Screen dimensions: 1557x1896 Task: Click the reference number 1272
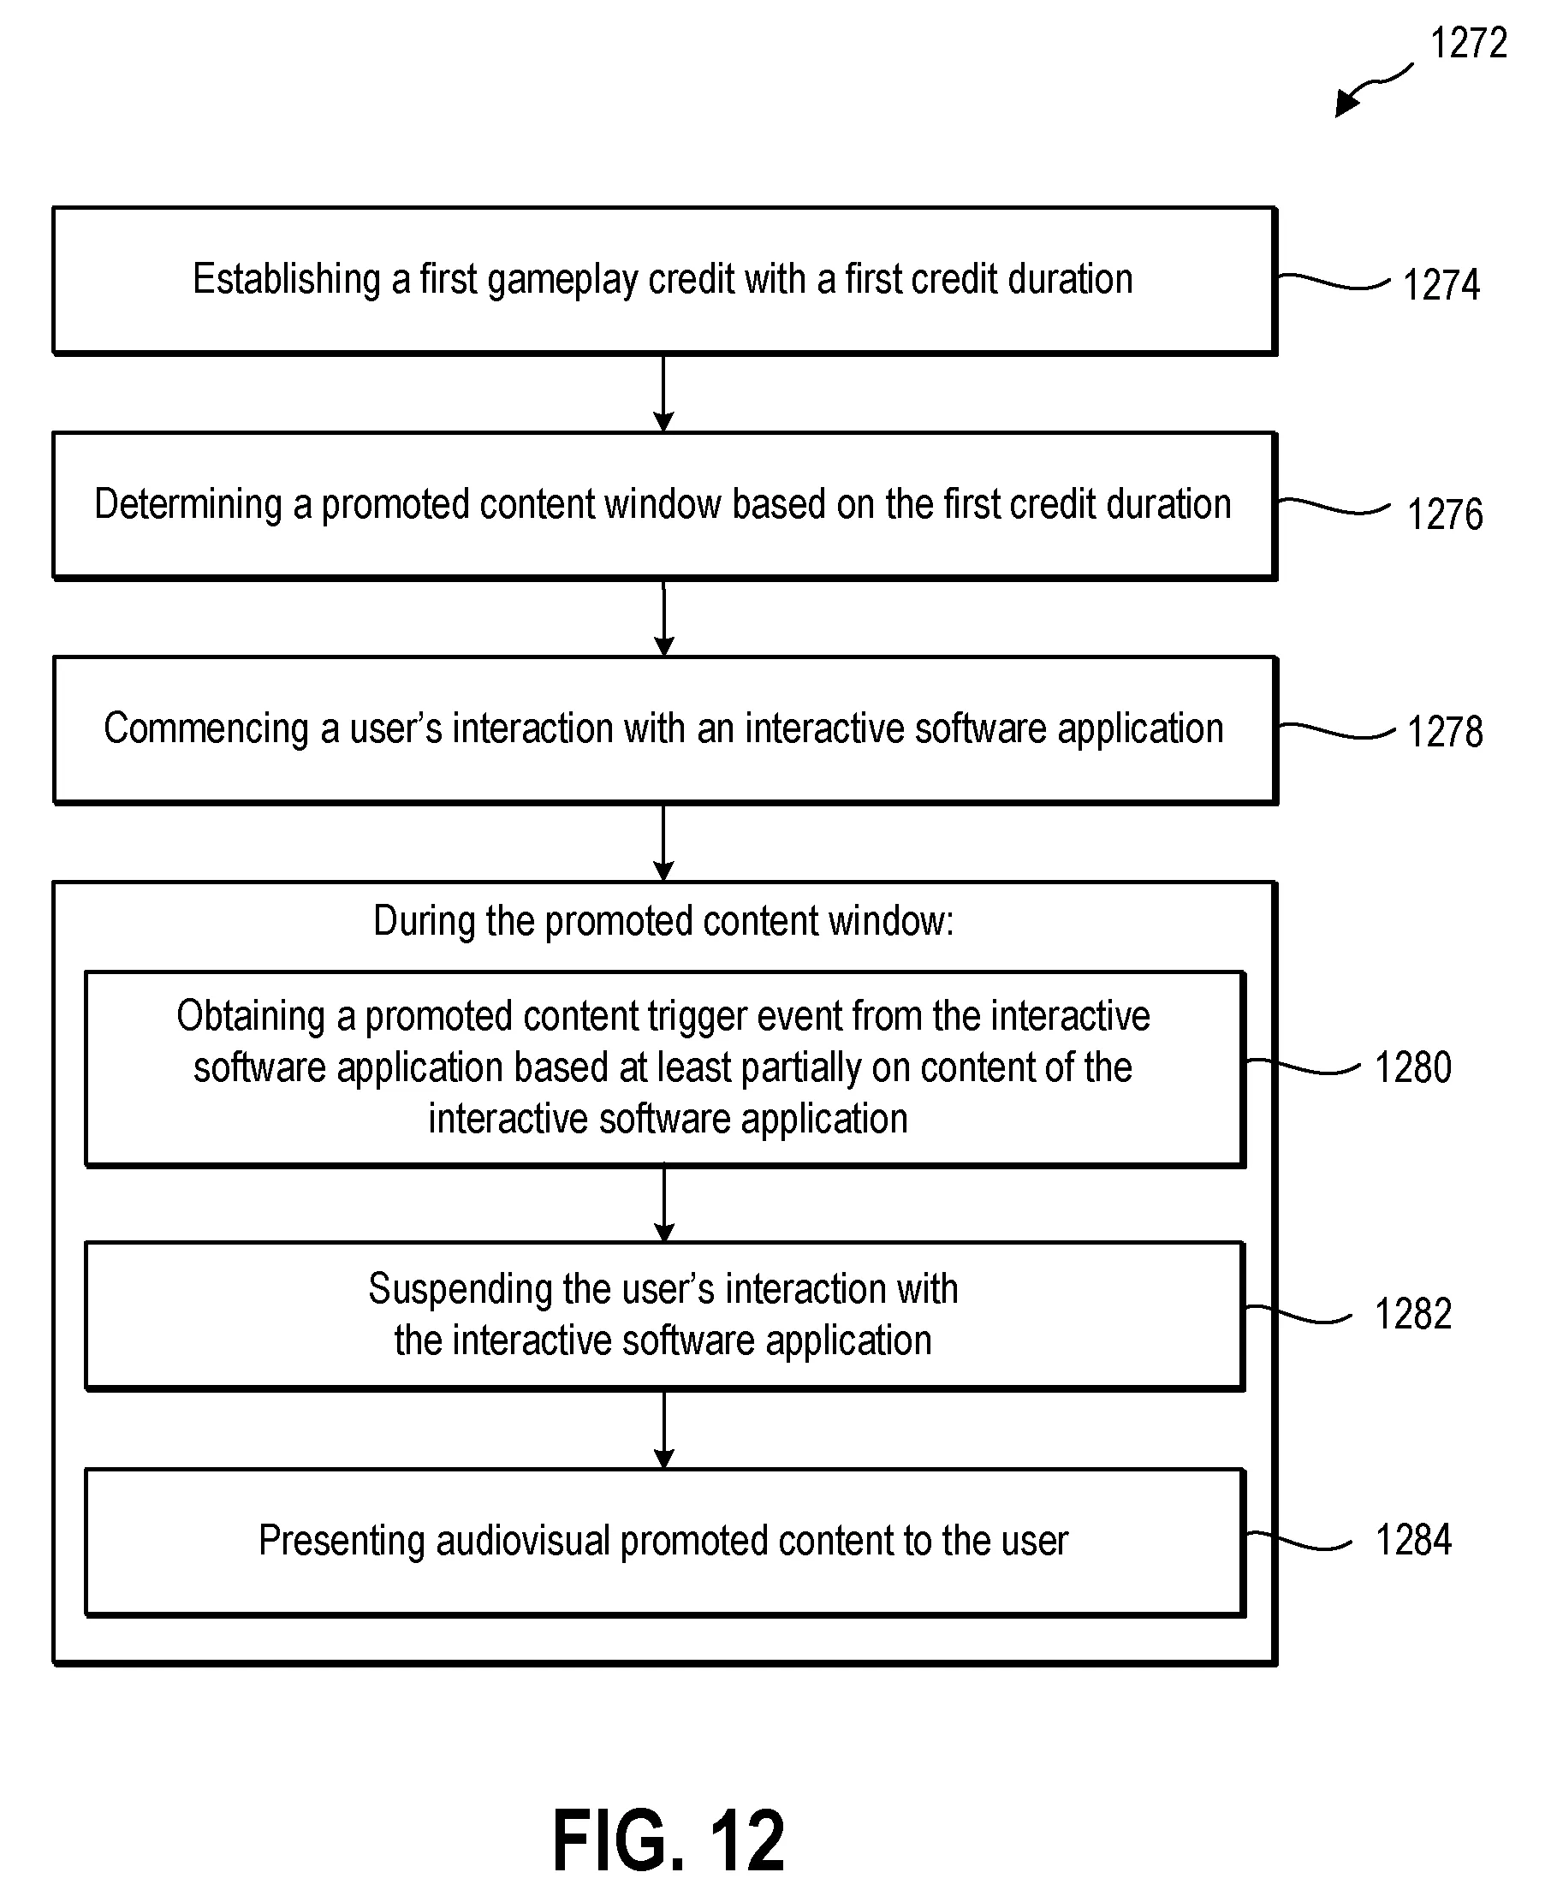pos(1468,43)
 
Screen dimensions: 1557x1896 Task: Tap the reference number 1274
pos(1441,285)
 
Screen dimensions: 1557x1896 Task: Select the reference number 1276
pos(1445,514)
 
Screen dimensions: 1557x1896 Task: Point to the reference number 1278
pos(1445,732)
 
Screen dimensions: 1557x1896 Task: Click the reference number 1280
pos(1413,1067)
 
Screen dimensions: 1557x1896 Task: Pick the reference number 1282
pos(1413,1314)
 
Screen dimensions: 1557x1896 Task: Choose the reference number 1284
pos(1413,1540)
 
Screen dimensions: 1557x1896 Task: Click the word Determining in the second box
pos(188,505)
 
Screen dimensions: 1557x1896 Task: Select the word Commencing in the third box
pos(206,728)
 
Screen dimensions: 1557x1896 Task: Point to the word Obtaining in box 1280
pos(251,1017)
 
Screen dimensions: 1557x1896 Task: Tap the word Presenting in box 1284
pos(342,1541)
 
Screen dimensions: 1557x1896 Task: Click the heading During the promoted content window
pos(663,922)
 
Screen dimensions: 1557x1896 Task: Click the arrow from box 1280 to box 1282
pos(663,1204)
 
